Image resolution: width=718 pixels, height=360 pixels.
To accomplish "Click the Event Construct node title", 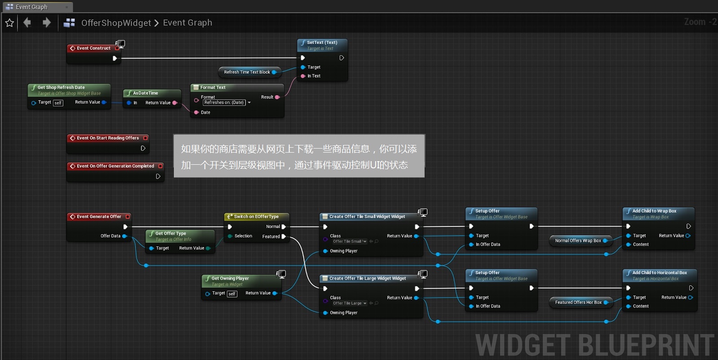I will pos(93,48).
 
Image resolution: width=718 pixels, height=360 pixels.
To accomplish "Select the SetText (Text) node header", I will pos(322,43).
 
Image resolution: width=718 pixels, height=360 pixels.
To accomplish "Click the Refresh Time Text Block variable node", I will pos(247,72).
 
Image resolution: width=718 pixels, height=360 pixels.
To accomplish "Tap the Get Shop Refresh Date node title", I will pos(61,88).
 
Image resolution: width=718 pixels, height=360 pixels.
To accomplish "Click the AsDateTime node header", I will pos(145,93).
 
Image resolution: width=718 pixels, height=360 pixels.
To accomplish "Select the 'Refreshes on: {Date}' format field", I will pos(224,103).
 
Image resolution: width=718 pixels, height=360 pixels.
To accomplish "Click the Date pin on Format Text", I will pos(197,113).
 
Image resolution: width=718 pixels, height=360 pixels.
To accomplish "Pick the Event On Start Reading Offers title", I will pos(108,138).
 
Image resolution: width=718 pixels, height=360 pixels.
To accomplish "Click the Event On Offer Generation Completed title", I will pos(115,166).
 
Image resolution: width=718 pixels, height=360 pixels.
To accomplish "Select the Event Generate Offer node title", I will pos(99,216).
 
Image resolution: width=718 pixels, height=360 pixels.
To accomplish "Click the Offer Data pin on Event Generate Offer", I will pos(124,236).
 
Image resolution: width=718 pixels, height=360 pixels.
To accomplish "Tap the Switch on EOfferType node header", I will pos(256,216).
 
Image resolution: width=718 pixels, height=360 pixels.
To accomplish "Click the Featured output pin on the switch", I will pos(284,237).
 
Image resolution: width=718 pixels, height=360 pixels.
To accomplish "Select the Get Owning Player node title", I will pos(230,278).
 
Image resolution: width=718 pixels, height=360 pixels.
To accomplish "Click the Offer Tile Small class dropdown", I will pos(350,241).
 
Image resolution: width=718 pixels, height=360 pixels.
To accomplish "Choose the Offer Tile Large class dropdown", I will pos(350,303).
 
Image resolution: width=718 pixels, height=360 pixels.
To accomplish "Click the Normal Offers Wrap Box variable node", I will pos(578,241).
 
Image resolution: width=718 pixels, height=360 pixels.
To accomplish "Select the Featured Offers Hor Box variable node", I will pos(578,303).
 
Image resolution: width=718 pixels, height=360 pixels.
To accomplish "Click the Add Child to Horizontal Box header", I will pos(659,272).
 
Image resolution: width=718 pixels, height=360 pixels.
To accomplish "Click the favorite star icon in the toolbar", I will pos(9,23).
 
